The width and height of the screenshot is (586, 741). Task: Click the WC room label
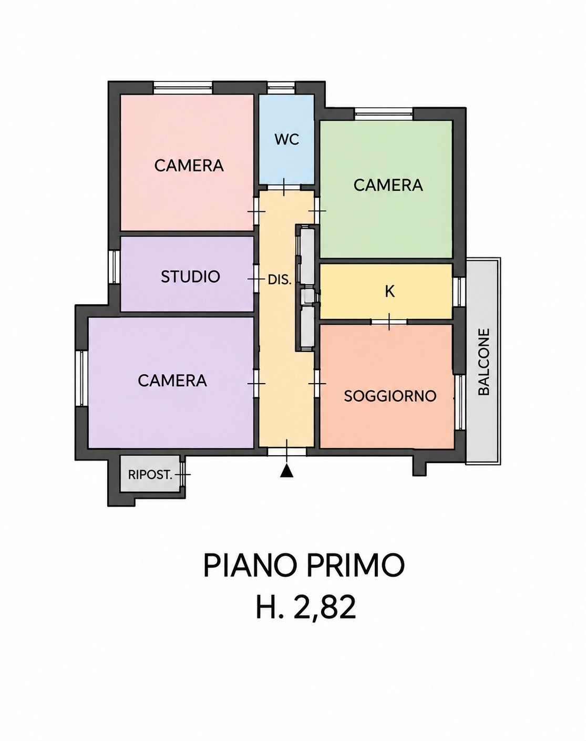tap(286, 139)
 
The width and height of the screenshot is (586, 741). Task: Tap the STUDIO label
tap(190, 276)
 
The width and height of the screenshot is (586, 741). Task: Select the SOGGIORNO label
tap(390, 396)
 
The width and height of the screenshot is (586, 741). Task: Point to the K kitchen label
tap(389, 291)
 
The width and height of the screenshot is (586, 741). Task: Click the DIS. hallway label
tap(280, 280)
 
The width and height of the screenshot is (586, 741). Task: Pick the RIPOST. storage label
tap(150, 475)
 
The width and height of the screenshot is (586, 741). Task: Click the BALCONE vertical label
tap(484, 362)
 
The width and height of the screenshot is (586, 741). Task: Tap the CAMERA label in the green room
tap(388, 185)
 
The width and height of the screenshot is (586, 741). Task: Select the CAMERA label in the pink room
tap(189, 166)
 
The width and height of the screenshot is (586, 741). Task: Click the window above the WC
tap(281, 87)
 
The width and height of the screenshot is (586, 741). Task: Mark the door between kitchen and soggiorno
tap(389, 322)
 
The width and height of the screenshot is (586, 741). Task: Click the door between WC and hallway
tap(284, 187)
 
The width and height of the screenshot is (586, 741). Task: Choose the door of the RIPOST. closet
tap(183, 475)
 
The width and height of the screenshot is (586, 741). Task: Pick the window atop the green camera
tap(383, 114)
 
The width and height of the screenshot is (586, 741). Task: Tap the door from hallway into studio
tap(256, 279)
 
